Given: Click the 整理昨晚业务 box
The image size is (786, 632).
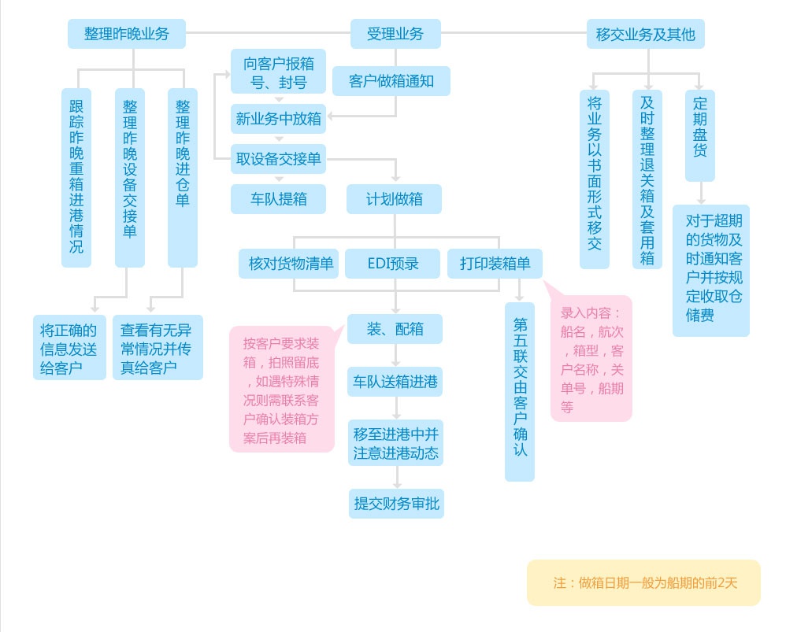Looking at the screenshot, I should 127,34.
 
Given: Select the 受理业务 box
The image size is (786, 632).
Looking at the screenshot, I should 395,34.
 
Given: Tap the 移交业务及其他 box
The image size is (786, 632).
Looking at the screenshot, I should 645,34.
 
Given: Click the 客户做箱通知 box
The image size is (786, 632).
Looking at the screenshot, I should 391,81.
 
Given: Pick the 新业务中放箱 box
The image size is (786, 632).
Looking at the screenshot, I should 278,119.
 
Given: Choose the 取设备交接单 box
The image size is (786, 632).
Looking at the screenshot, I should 278,159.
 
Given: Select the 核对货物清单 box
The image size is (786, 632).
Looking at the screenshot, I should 289,264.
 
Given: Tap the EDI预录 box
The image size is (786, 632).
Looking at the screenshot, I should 393,264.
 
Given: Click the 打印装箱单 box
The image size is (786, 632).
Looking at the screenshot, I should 495,264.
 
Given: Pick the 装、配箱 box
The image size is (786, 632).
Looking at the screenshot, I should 395,329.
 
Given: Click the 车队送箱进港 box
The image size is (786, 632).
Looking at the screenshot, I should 395,383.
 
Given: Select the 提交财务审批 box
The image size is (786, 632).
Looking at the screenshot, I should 396,504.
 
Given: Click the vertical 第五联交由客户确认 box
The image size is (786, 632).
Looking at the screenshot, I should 519,391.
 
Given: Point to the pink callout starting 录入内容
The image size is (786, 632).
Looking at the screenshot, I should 591,358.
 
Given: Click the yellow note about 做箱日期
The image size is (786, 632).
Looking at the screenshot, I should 643,583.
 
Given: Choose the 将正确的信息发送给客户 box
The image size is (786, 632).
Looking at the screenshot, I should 69,348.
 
